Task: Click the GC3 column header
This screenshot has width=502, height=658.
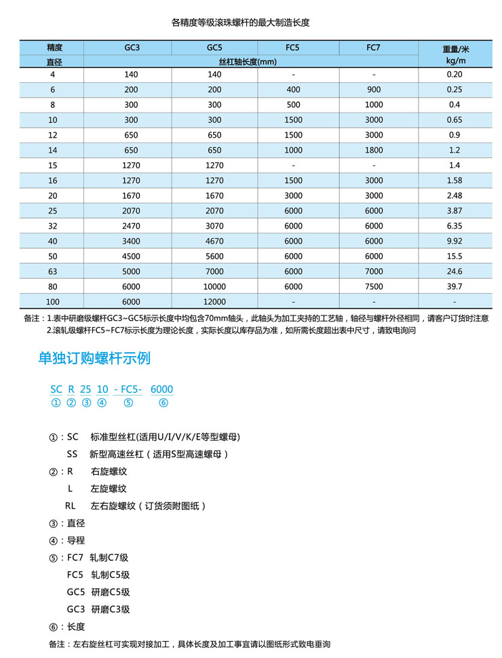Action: tap(132, 47)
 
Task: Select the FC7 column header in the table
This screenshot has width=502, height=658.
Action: tap(374, 47)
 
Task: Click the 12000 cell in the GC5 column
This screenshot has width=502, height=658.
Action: tap(214, 302)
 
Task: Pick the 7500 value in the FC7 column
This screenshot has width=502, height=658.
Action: tap(374, 287)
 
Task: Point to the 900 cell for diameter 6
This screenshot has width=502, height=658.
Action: tap(374, 90)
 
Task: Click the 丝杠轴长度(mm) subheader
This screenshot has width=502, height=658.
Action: tap(250, 62)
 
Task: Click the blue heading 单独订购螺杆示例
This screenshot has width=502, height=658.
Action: tap(94, 358)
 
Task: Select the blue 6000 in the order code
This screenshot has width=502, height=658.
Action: tap(161, 389)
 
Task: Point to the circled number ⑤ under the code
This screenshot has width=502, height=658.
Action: tap(128, 403)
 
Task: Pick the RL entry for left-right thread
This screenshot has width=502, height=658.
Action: tap(71, 505)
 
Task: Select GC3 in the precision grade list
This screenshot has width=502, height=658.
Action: tap(75, 608)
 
